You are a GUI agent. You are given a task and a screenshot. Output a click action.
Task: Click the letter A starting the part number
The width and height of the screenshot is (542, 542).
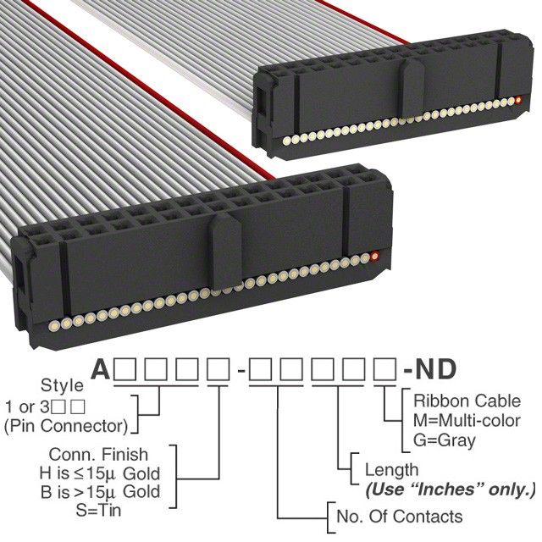tap(101, 370)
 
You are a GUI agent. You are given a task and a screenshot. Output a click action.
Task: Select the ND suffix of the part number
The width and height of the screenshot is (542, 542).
tap(432, 370)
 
